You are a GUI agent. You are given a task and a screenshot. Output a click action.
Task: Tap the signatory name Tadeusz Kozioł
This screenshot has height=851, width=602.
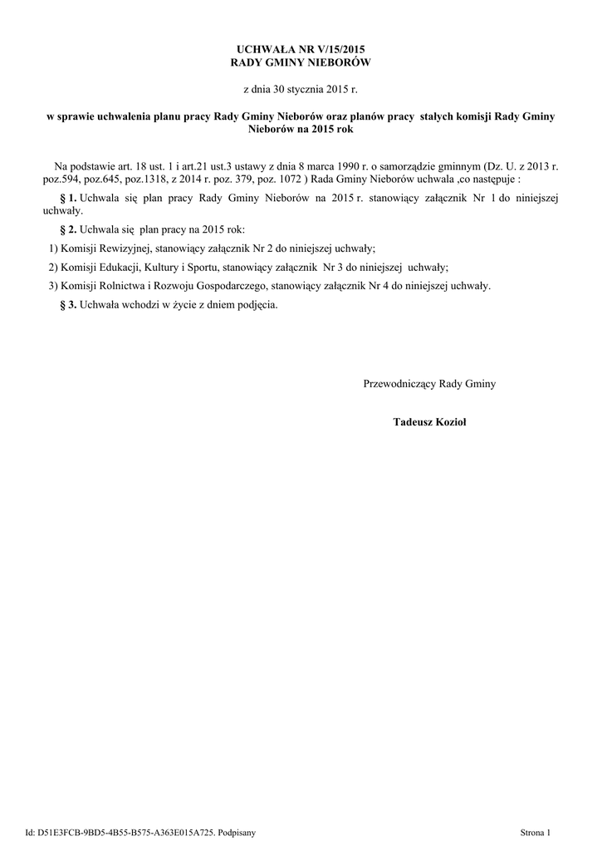pos(430,423)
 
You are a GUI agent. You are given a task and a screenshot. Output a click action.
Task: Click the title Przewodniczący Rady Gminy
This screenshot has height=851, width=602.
pos(429,384)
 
